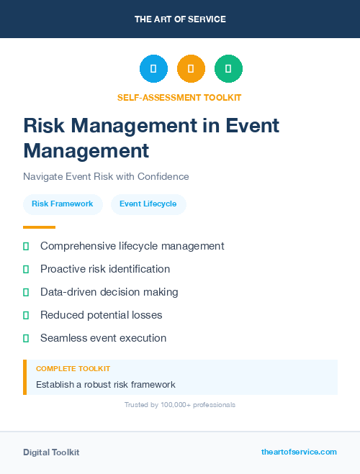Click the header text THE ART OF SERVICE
pos(180,19)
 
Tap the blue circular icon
pos(153,68)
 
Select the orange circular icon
pos(191,68)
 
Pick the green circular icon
pos(228,68)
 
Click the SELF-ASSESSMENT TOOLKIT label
pos(179,97)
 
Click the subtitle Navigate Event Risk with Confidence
pos(106,176)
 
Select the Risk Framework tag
pos(63,204)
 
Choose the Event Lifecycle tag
pos(148,204)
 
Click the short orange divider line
pos(39,227)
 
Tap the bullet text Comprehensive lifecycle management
pos(132,246)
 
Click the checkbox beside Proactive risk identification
pos(26,269)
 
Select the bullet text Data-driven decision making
pos(109,292)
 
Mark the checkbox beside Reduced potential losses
pos(26,315)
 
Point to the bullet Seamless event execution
pos(103,338)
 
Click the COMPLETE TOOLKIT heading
pos(73,368)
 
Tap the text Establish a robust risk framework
pos(106,384)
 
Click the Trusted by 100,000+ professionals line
pos(180,405)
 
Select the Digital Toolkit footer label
pos(51,452)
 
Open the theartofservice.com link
pos(299,452)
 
